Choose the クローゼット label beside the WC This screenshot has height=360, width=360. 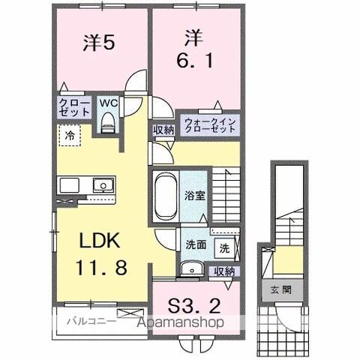[x=72, y=107]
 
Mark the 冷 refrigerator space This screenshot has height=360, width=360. [x=68, y=137]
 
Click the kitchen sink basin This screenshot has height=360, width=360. [x=100, y=186]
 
